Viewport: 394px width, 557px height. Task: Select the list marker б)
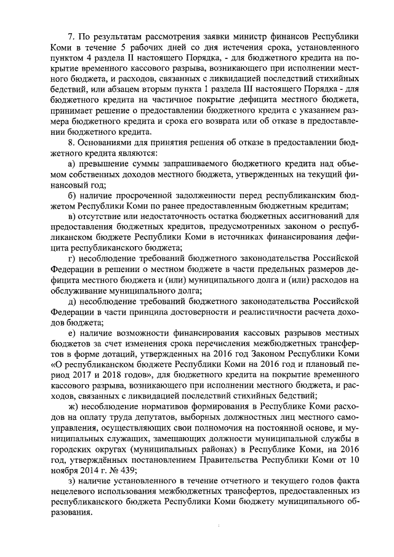pos(71,199)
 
